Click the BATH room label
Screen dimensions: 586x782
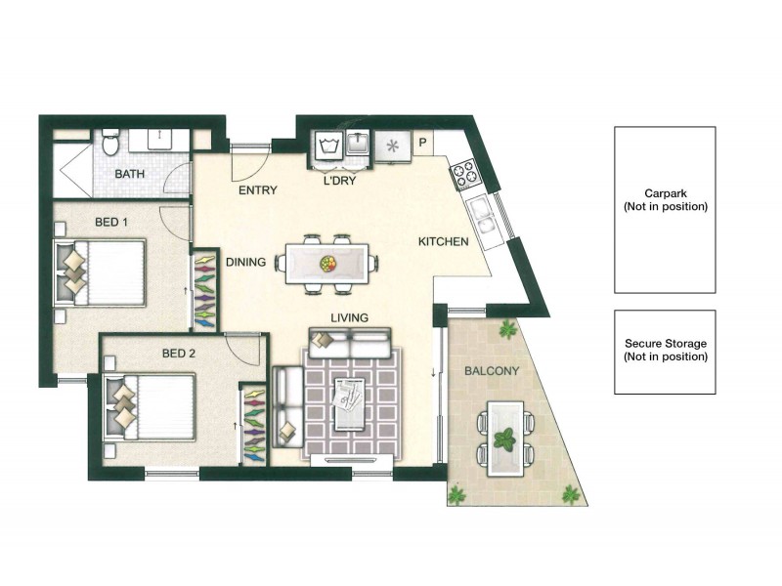click(129, 175)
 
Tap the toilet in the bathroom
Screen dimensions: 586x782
click(110, 144)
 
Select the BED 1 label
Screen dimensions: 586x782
click(110, 223)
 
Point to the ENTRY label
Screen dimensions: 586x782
click(258, 190)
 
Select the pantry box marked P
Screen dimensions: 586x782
click(422, 142)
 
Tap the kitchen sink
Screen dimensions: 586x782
click(481, 213)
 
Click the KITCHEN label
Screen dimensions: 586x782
click(443, 241)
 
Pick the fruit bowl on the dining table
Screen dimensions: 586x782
click(327, 263)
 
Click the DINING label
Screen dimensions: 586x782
click(245, 262)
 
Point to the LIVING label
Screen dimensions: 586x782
click(349, 317)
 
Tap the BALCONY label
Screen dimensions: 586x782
click(492, 371)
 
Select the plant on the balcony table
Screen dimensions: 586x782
click(505, 439)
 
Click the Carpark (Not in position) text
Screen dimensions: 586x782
click(665, 200)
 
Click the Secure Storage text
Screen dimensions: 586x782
click(665, 350)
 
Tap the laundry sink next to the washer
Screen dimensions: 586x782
click(359, 146)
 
